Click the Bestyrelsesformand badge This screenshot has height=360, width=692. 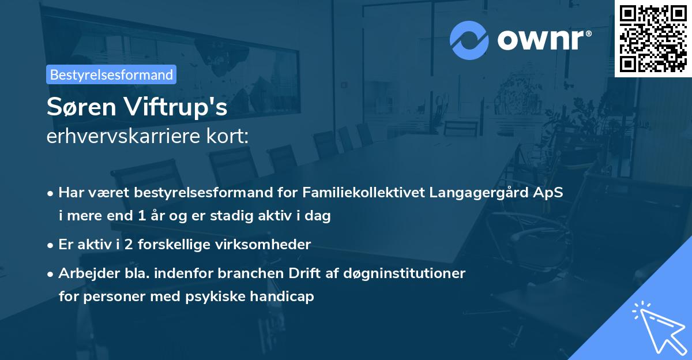coord(111,74)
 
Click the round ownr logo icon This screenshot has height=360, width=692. coord(469,40)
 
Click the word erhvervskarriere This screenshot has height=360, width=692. coord(121,137)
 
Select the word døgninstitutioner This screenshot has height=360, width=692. coord(404,273)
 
